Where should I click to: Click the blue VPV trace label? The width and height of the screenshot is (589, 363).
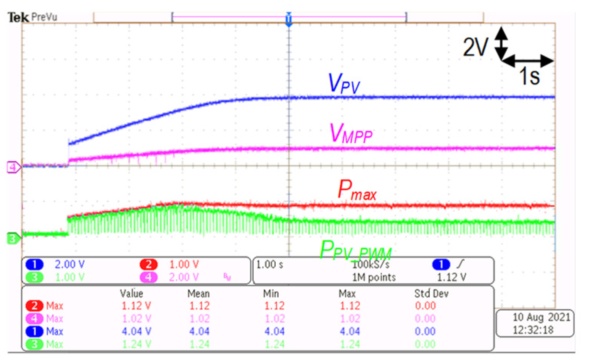click(x=344, y=83)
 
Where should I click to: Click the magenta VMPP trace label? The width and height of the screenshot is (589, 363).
click(x=351, y=134)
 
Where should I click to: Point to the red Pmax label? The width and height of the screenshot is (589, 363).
click(x=357, y=190)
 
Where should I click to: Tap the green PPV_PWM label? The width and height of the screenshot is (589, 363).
click(x=355, y=250)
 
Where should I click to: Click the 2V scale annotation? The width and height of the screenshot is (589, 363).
click(x=475, y=47)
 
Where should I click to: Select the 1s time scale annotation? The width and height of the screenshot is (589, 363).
click(x=529, y=76)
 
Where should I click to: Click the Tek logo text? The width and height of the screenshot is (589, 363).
click(x=18, y=17)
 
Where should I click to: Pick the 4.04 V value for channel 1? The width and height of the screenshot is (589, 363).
click(x=136, y=332)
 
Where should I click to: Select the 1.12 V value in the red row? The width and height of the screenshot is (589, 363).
click(x=136, y=306)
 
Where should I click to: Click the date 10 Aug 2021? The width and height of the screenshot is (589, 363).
click(x=541, y=317)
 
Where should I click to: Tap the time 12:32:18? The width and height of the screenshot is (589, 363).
click(x=533, y=330)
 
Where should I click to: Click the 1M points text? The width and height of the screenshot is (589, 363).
click(x=374, y=278)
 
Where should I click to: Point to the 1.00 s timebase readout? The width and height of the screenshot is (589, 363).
click(x=270, y=264)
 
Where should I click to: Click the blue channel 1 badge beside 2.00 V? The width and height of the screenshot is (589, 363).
click(x=34, y=264)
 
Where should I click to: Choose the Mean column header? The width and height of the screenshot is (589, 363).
click(x=198, y=294)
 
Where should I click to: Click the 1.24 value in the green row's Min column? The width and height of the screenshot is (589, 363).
click(x=274, y=344)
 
